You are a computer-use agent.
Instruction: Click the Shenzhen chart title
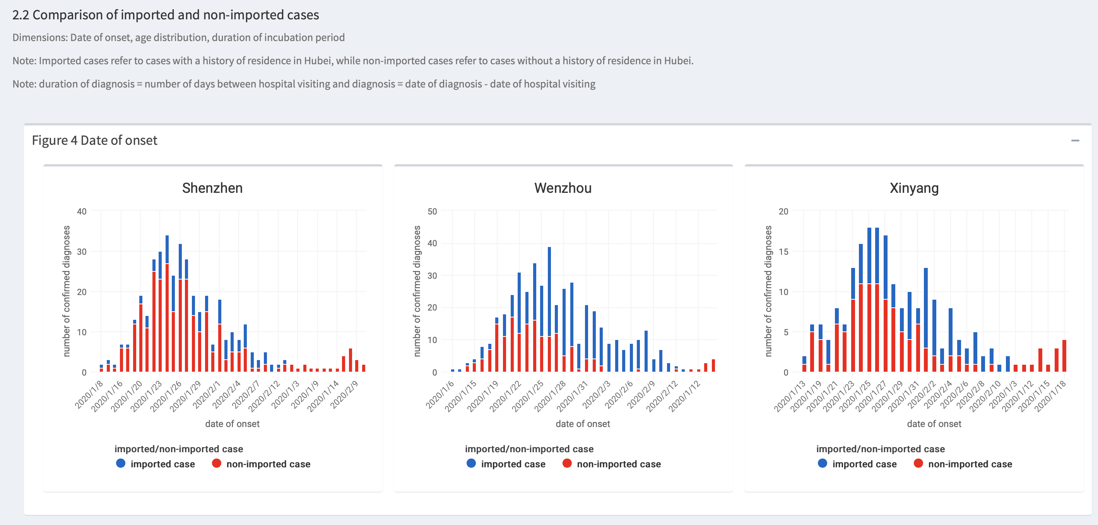pyautogui.click(x=212, y=188)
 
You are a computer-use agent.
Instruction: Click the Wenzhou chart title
pyautogui.click(x=563, y=188)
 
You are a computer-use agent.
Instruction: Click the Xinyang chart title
pyautogui.click(x=914, y=188)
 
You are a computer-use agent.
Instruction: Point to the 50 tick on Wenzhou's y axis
pyautogui.click(x=432, y=211)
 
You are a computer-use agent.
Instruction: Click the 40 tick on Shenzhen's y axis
pyautogui.click(x=81, y=211)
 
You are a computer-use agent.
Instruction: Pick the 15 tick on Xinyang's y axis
pyautogui.click(x=783, y=252)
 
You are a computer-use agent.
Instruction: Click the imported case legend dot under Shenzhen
pyautogui.click(x=121, y=463)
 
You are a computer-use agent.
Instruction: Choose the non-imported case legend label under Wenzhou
pyautogui.click(x=619, y=464)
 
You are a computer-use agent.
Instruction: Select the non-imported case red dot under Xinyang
pyautogui.click(x=918, y=463)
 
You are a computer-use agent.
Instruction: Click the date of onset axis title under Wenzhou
pyautogui.click(x=583, y=424)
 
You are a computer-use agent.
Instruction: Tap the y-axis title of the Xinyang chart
pyautogui.click(x=768, y=291)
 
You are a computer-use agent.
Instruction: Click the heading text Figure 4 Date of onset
pyautogui.click(x=95, y=140)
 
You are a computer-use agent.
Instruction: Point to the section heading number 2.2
pyautogui.click(x=21, y=15)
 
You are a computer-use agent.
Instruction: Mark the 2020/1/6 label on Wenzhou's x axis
pyautogui.click(x=440, y=394)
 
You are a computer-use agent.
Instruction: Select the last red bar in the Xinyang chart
pyautogui.click(x=1064, y=356)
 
